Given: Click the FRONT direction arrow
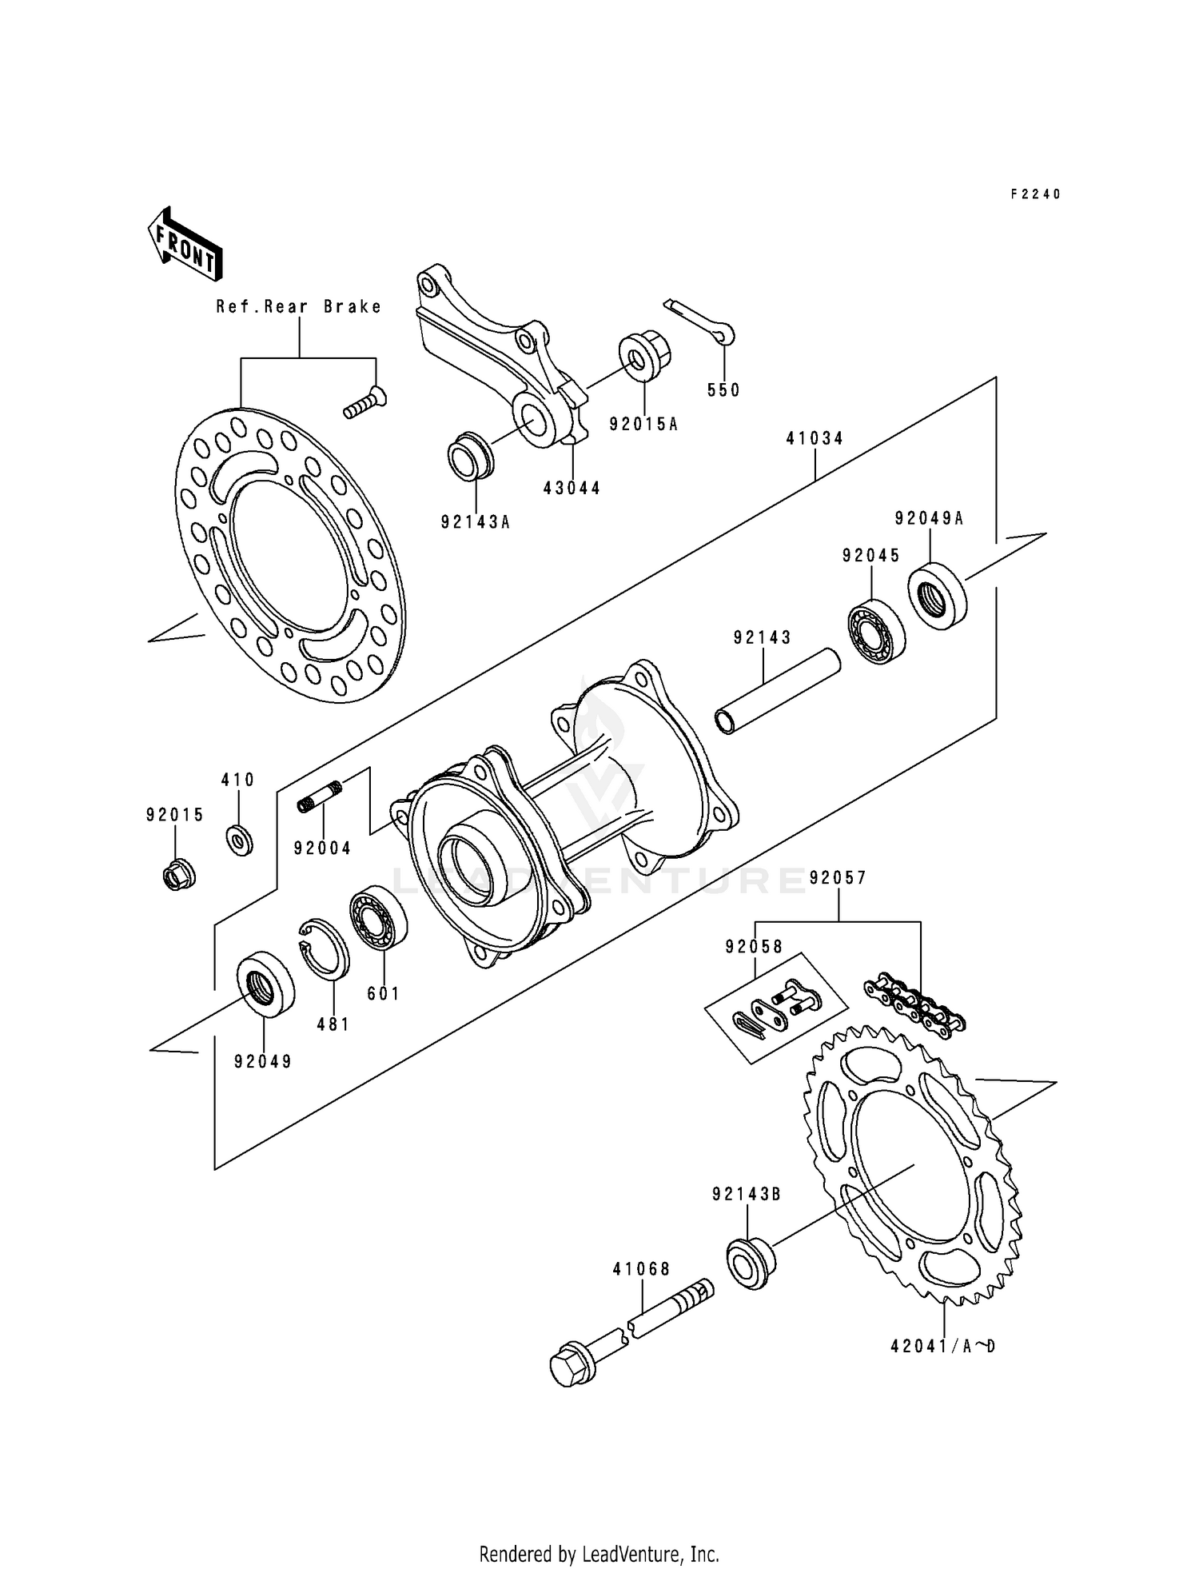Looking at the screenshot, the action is tap(184, 243).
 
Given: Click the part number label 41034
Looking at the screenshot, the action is tap(815, 438).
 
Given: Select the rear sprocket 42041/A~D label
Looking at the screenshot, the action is tap(943, 1346).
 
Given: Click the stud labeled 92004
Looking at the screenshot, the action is tap(321, 797).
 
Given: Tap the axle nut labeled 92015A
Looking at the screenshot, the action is tap(644, 356).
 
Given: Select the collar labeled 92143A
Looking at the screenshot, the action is tap(470, 457).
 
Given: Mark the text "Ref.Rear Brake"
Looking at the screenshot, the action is tap(299, 306).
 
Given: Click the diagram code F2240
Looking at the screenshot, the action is tap(1035, 194).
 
